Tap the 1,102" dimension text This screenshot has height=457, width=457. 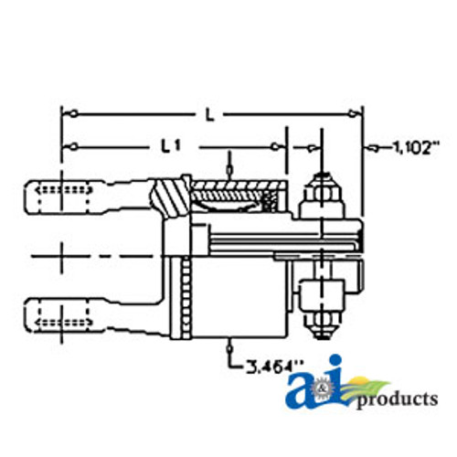pyautogui.click(x=415, y=146)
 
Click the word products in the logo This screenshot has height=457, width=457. pyautogui.click(x=396, y=399)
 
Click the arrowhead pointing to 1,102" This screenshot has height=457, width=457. pyautogui.click(x=369, y=146)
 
